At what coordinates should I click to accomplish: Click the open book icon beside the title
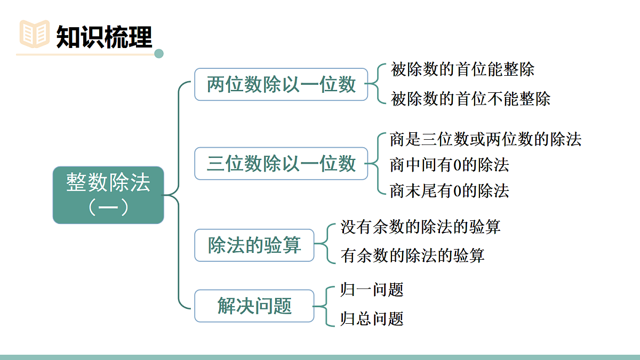coord(34,34)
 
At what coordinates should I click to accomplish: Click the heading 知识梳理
coord(104,36)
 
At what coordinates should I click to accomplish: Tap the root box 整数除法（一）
coord(108,195)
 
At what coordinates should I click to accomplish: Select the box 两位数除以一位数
coord(281,84)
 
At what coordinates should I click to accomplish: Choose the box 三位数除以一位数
coord(281,163)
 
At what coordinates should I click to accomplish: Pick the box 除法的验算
coord(254,245)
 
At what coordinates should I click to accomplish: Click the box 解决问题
coord(254,306)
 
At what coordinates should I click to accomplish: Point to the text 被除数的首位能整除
coord(462,69)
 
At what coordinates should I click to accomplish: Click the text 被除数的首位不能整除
coord(470,99)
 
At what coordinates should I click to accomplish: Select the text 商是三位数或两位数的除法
coord(485,139)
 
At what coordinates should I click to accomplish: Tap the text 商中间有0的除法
coord(449,165)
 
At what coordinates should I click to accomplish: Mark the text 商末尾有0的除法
coord(449,190)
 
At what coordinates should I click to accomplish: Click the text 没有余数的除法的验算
coord(420,227)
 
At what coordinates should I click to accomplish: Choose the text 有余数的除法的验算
coord(412,255)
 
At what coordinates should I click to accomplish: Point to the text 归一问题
coord(372,290)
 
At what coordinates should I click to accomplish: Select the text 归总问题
coord(372,318)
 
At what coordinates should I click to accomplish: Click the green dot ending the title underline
coord(158,53)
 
